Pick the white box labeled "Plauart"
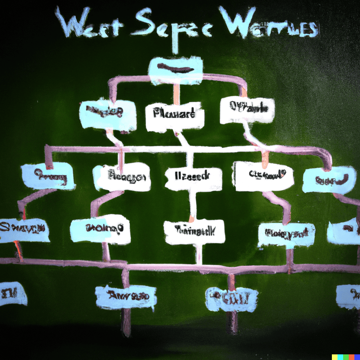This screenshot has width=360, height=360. [x=175, y=116]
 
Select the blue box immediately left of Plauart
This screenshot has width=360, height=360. [x=108, y=114]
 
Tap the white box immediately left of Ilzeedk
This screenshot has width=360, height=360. [x=122, y=176]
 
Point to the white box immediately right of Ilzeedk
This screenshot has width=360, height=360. [x=264, y=176]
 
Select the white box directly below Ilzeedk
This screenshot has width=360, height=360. [x=194, y=231]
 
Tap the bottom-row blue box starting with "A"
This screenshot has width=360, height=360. [x=126, y=296]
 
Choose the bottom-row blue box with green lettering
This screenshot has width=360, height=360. [x=231, y=299]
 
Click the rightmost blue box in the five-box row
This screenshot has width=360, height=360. [x=329, y=180]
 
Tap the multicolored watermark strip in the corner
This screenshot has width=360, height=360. [x=345, y=357]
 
